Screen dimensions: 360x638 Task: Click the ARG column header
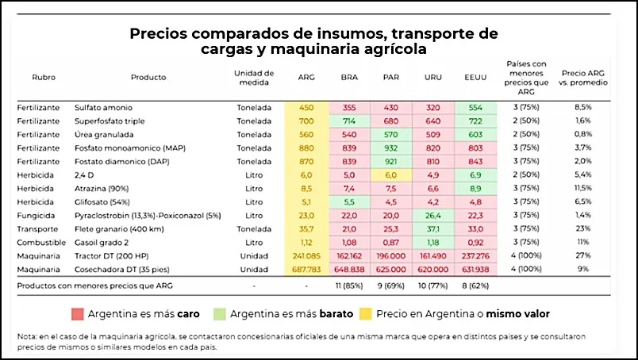pos(306,78)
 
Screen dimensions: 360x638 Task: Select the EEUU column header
pos(475,78)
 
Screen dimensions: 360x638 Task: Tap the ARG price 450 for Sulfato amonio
pos(306,108)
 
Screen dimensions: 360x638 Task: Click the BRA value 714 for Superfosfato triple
pos(348,121)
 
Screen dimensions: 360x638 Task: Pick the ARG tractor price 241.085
pos(306,257)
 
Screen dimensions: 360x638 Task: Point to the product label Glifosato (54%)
pos(103,201)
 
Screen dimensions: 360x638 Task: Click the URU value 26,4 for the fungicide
pos(432,214)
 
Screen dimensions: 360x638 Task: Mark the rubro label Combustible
pos(40,243)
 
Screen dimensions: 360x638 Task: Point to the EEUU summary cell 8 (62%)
pos(475,284)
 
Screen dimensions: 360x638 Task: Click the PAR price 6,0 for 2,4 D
pos(390,174)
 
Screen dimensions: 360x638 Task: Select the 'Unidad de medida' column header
pos(254,78)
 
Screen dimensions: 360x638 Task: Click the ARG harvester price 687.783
pos(306,270)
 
